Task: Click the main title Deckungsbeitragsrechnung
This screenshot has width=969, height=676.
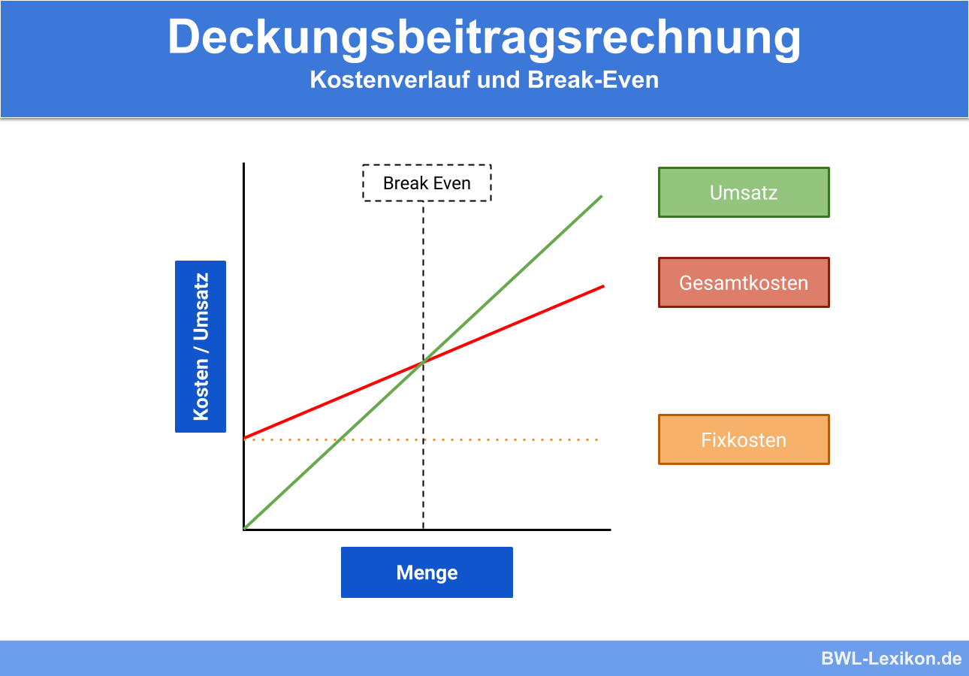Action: (x=484, y=37)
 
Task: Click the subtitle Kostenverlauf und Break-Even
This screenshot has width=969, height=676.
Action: (x=484, y=80)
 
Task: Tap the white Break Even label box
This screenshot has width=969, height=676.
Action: (x=427, y=183)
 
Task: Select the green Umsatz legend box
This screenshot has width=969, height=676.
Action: (x=744, y=192)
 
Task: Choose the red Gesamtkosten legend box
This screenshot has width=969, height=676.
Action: (x=744, y=282)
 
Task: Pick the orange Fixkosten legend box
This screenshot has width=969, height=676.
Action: (x=744, y=439)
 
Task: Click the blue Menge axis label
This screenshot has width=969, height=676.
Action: (x=427, y=572)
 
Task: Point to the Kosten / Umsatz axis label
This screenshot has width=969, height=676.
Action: (x=201, y=346)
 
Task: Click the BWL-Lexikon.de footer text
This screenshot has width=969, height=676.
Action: (x=891, y=659)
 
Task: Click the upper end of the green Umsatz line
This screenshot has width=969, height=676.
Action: (x=602, y=196)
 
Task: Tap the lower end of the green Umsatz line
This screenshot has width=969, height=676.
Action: (x=245, y=528)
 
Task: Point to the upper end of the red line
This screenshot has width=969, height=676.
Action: (x=603, y=285)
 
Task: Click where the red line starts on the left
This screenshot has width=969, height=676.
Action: (x=245, y=437)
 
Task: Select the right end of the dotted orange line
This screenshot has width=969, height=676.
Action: (x=597, y=439)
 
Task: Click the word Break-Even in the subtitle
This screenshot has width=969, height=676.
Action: (x=593, y=80)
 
